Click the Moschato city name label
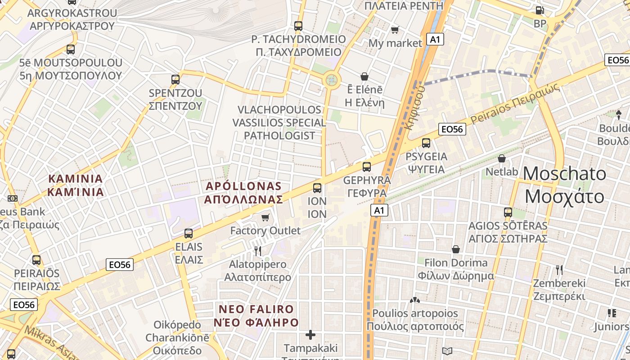point(565,185)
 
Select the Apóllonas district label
point(243,193)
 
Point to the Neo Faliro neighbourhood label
point(256,316)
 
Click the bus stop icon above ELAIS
point(189,234)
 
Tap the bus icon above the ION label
point(317,188)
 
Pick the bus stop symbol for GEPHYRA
point(367,167)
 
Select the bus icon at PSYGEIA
point(426,143)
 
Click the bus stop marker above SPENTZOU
point(175,80)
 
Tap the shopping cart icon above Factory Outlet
point(265,218)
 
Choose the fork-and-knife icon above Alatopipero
point(258,251)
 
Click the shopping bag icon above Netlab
point(502,158)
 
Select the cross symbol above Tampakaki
point(310,335)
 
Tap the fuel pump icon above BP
point(540,10)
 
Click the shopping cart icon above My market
point(395,30)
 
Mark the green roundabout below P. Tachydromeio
point(332,80)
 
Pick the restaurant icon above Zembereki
point(559,270)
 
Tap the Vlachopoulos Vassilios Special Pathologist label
point(279,122)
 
